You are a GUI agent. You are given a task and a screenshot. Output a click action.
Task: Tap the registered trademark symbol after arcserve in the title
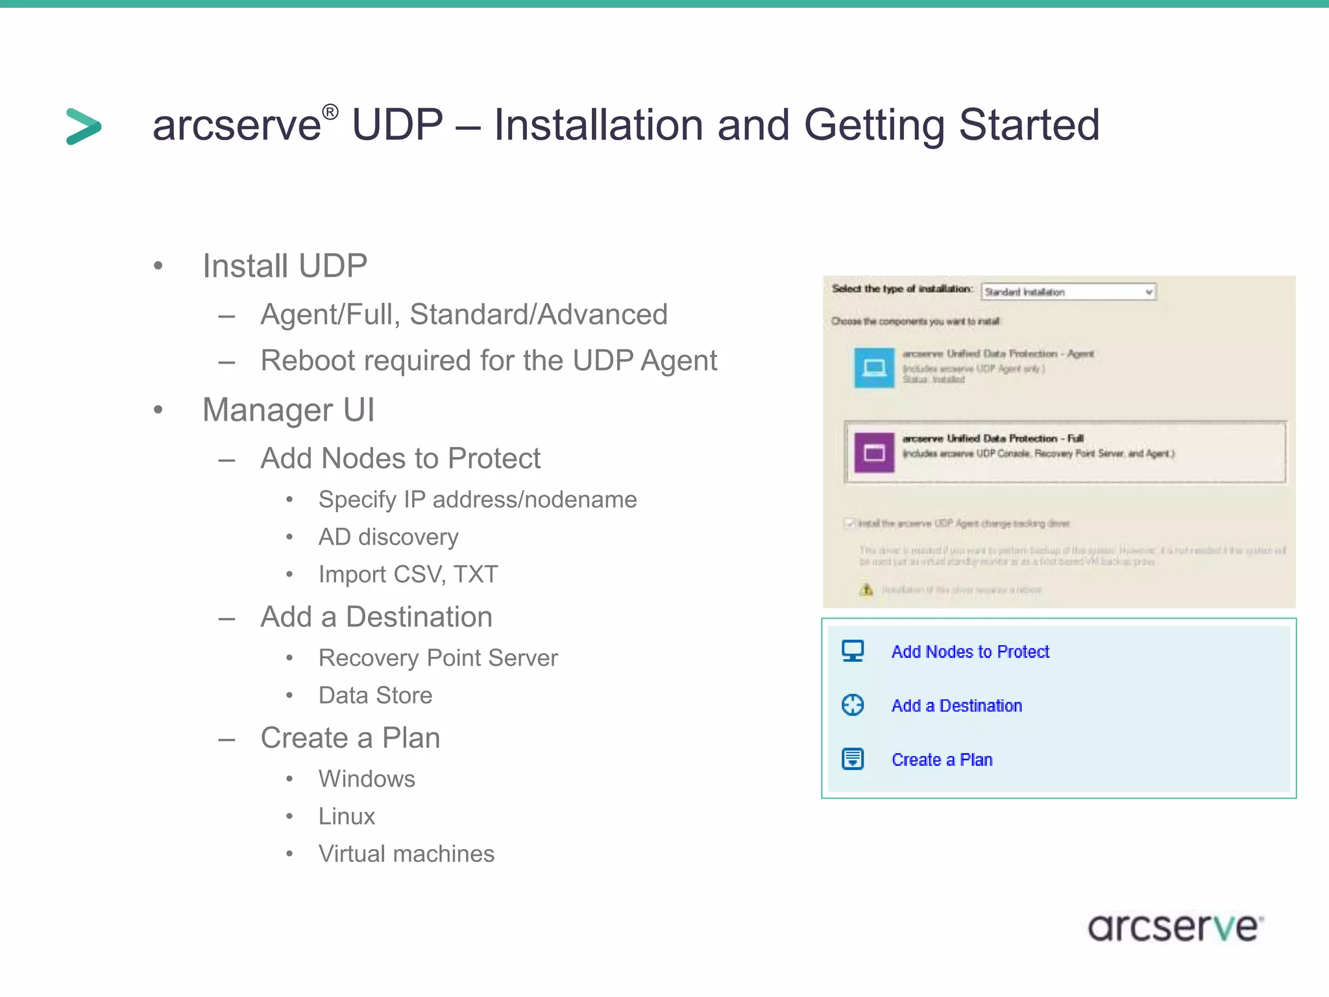[x=330, y=112]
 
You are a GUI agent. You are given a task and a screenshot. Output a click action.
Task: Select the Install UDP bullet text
[x=284, y=266]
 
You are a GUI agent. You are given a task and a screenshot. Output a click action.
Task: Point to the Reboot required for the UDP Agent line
[x=488, y=361]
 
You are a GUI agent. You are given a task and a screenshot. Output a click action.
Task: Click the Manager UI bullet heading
[x=288, y=410]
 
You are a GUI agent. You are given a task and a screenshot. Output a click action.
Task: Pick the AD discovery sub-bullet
[x=388, y=537]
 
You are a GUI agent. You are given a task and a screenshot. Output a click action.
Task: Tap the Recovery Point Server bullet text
[x=437, y=658]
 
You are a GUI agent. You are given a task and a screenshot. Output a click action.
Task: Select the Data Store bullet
[x=375, y=696]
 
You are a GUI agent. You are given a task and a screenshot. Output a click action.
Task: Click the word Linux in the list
[x=347, y=817]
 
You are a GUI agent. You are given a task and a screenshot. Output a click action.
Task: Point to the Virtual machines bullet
[x=406, y=854]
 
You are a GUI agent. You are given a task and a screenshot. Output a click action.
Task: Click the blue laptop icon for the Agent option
[x=874, y=368]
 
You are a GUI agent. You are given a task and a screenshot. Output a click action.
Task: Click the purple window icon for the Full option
[x=874, y=452]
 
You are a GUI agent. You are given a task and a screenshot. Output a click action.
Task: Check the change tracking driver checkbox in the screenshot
[x=849, y=523]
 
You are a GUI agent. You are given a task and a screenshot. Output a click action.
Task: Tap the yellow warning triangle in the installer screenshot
[x=866, y=589]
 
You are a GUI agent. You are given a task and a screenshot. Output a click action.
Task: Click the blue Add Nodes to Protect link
[x=969, y=652]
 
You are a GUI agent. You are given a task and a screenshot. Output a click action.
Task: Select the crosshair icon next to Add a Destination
[x=853, y=705]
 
